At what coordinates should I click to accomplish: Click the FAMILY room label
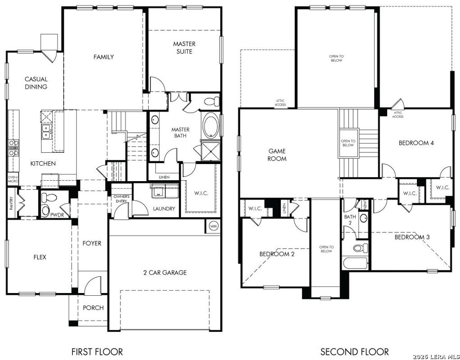(103, 57)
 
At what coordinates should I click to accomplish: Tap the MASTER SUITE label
(184, 48)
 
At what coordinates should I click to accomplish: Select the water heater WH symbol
(213, 226)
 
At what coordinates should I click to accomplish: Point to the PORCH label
(93, 308)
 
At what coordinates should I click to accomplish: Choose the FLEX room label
(40, 258)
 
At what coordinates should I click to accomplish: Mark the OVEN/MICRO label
(13, 179)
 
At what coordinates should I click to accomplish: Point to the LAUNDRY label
(164, 209)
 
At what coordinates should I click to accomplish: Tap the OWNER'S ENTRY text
(121, 199)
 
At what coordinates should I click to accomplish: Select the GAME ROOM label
(277, 155)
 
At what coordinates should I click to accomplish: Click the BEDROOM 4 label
(416, 143)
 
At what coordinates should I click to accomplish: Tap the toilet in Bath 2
(360, 248)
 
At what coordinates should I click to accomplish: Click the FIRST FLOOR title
(97, 351)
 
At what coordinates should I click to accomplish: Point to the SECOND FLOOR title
(354, 351)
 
